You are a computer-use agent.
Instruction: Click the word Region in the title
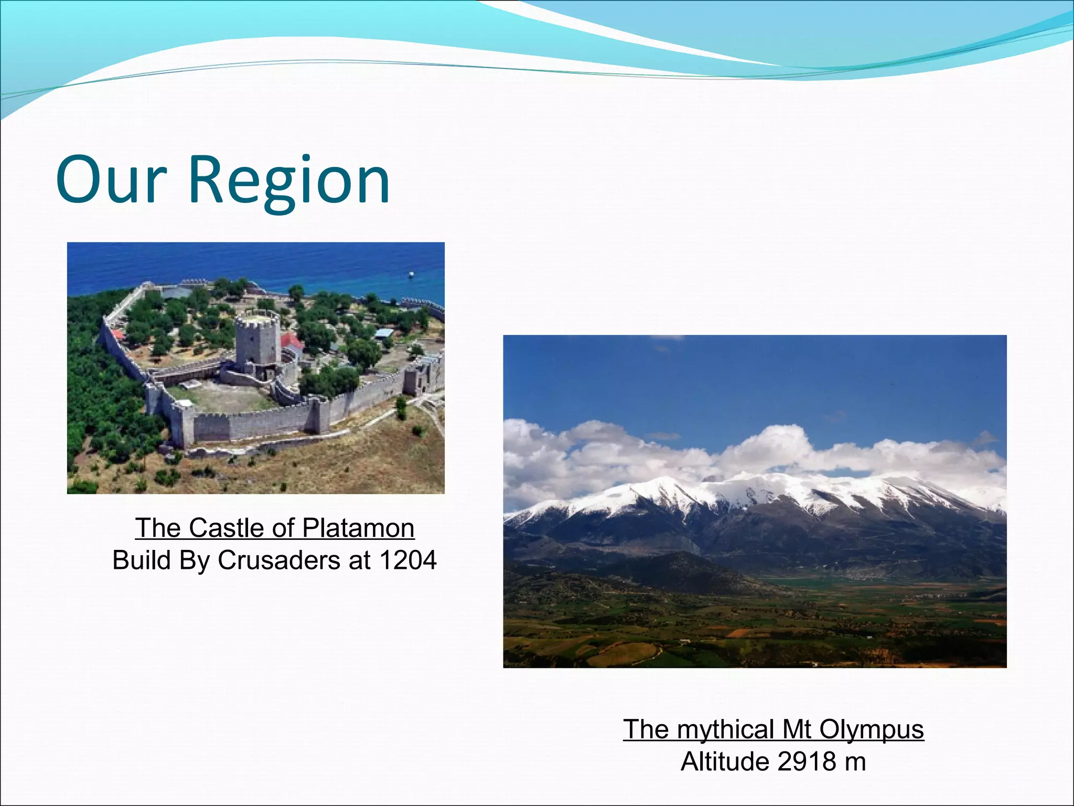(289, 182)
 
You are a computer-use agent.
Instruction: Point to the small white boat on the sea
(411, 274)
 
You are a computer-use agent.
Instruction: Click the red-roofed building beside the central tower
(292, 343)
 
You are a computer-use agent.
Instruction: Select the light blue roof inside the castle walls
(384, 333)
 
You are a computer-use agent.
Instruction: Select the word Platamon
(358, 528)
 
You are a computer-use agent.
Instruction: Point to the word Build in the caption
(142, 560)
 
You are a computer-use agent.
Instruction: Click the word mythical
(726, 729)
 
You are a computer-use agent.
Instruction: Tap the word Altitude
(725, 762)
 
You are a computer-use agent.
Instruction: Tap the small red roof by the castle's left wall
(117, 335)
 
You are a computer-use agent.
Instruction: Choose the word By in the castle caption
(194, 560)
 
